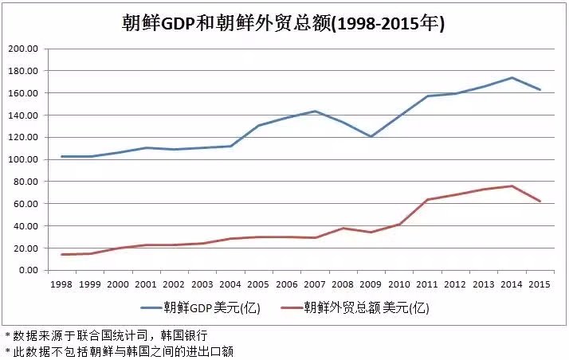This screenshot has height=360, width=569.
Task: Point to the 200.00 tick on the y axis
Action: click(23, 49)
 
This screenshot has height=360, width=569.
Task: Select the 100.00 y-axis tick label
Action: click(23, 159)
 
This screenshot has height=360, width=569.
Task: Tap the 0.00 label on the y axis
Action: click(27, 270)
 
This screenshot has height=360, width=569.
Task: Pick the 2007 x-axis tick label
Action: click(315, 284)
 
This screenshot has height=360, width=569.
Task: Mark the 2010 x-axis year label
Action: click(399, 284)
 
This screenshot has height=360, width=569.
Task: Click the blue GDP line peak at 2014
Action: click(512, 78)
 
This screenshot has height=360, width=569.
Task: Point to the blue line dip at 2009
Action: click(371, 136)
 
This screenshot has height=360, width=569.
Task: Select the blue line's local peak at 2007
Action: click(315, 112)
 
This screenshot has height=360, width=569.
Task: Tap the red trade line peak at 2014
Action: click(512, 186)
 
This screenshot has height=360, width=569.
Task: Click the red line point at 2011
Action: click(427, 200)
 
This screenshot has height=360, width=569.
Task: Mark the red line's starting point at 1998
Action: click(61, 255)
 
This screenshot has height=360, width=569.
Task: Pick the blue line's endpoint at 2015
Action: click(540, 90)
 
